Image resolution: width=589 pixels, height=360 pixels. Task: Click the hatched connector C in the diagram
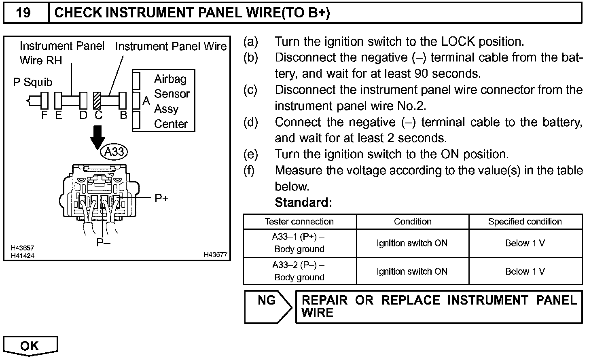[97, 100]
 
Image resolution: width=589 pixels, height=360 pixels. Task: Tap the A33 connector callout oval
[114, 152]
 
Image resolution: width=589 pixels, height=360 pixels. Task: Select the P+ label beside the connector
[161, 198]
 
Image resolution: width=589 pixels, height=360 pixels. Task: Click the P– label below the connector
[103, 242]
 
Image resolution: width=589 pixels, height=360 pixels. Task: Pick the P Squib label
[33, 83]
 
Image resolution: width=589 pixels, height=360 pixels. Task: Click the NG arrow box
[268, 306]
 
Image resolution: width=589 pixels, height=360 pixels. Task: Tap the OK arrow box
[30, 345]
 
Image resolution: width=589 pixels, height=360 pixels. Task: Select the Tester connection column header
[299, 222]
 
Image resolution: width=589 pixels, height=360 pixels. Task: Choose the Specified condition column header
[525, 222]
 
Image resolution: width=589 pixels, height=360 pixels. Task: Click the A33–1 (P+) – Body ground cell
[299, 243]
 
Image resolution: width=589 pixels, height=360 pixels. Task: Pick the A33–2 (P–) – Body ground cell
[299, 271]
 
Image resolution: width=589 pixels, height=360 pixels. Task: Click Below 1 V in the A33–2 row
[525, 271]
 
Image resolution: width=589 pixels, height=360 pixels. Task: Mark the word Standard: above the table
[303, 202]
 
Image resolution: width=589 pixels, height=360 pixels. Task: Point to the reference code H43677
[216, 254]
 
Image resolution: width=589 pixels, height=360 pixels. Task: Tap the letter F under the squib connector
[44, 115]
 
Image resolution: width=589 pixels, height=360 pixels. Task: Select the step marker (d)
[251, 122]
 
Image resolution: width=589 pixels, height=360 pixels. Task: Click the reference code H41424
[22, 256]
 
